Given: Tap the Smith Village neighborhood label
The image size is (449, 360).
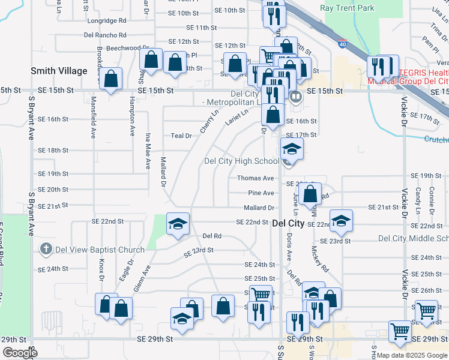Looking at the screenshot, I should (x=59, y=71).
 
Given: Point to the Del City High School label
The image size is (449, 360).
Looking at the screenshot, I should (x=241, y=161).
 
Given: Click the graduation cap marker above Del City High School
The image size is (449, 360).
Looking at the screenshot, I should (x=292, y=149).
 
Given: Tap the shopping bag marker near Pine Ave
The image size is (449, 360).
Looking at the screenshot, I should (x=310, y=194).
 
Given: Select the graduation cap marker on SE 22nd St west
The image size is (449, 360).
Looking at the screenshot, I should (x=178, y=224).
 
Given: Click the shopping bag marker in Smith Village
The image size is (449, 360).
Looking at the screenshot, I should (x=111, y=79).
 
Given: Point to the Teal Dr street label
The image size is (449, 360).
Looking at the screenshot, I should (x=181, y=136).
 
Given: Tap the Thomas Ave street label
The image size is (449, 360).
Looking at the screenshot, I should (x=255, y=178).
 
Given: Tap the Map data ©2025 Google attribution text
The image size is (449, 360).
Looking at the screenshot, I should (x=412, y=355).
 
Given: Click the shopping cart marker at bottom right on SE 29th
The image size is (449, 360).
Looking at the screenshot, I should (x=399, y=331).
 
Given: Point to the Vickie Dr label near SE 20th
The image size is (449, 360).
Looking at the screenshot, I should (x=403, y=193).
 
